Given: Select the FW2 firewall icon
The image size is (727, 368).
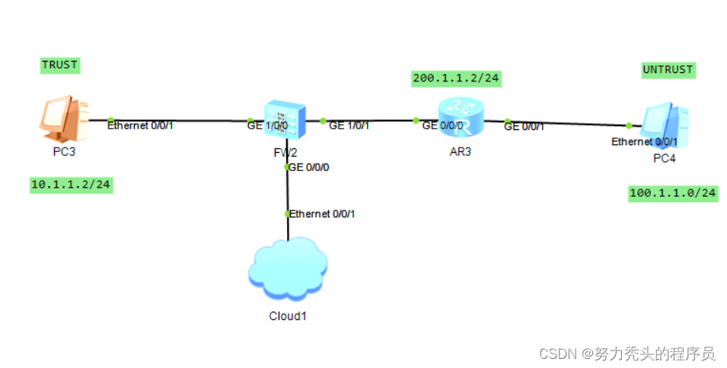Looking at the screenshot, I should click(283, 121).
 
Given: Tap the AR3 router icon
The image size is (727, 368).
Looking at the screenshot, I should click(461, 118).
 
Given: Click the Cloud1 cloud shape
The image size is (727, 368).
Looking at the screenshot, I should click(288, 268).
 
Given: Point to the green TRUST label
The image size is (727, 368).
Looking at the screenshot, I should click(59, 65).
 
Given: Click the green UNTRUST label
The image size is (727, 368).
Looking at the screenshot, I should click(668, 70).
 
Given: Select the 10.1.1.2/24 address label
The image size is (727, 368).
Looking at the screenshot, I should click(71, 185).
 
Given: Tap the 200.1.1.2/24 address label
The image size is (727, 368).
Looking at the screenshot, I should click(456, 78).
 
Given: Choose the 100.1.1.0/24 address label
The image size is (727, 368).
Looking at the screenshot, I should click(673, 193).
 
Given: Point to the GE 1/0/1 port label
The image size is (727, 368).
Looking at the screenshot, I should click(349, 125).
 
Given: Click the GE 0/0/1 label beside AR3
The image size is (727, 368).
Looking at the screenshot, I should click(524, 126).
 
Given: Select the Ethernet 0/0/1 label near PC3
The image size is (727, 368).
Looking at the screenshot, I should click(140, 125).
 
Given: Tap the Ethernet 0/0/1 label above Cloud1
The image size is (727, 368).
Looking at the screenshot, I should click(322, 214).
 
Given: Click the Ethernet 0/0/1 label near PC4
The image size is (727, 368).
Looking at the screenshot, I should click(643, 141).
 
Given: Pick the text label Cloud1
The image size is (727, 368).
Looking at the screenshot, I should click(288, 316).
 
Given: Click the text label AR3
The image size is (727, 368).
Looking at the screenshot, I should click(461, 151).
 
